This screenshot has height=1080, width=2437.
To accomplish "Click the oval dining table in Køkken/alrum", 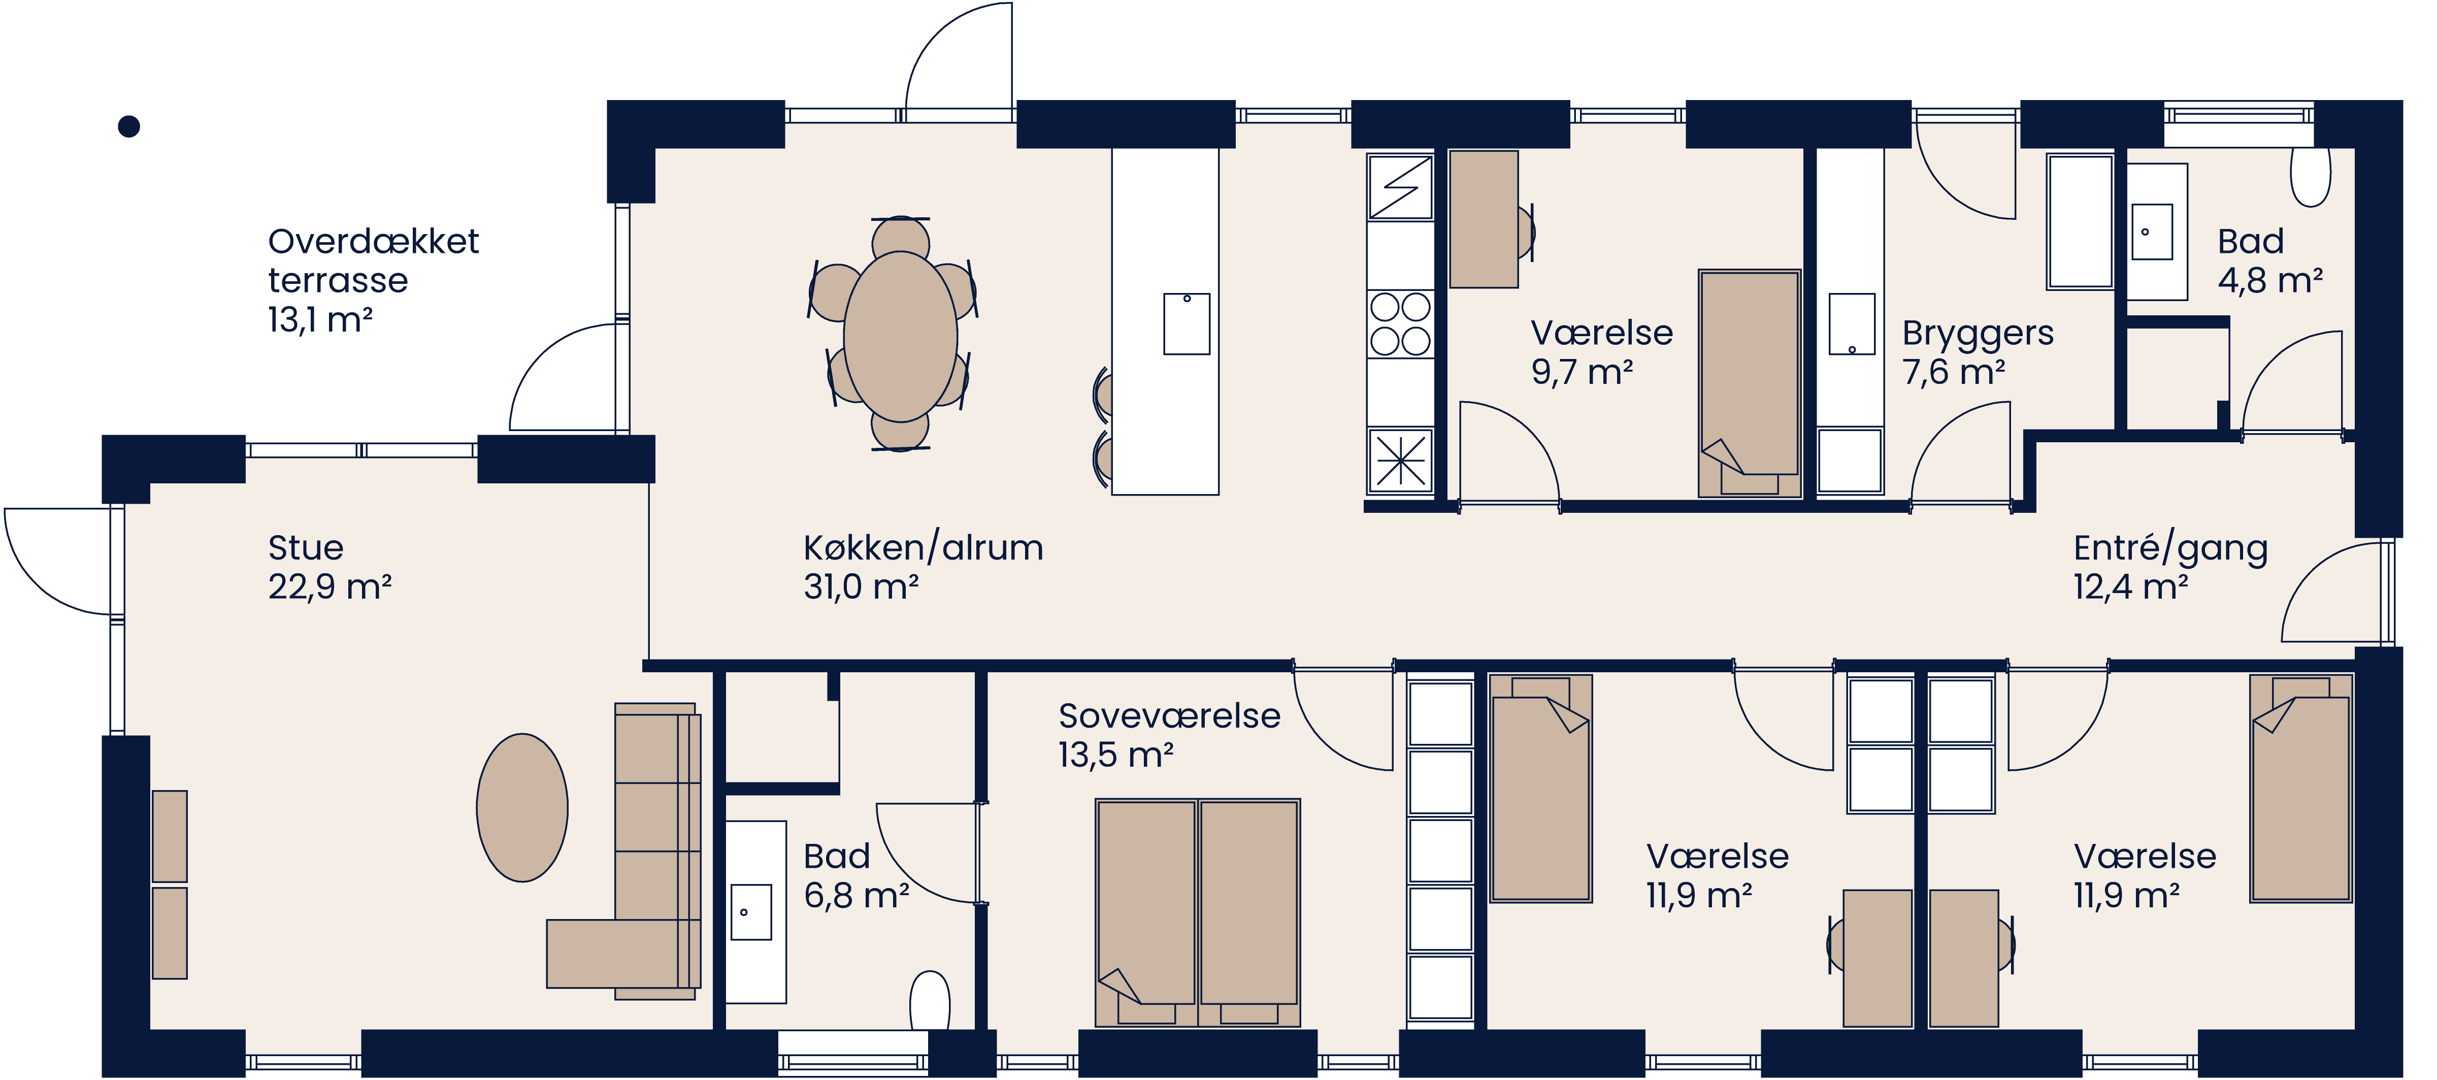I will tap(900, 336).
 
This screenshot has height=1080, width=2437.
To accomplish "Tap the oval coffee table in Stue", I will tap(522, 807).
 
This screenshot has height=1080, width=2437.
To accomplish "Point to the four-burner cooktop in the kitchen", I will tap(1400, 324).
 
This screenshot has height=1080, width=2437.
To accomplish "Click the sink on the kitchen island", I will tap(1187, 324).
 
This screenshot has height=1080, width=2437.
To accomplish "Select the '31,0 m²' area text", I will tap(861, 587).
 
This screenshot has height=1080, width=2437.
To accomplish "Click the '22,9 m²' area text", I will tap(329, 587).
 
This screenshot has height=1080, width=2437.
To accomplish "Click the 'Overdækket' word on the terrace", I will tap(373, 241).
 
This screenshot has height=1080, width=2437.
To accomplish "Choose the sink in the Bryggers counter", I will tap(1852, 324).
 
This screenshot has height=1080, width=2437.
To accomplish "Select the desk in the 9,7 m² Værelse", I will tap(1484, 219).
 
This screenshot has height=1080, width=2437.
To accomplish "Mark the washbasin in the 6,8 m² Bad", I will tap(751, 911).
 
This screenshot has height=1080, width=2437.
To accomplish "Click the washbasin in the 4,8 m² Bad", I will tap(2151, 231).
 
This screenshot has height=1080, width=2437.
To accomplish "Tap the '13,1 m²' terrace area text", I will tap(320, 320).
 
